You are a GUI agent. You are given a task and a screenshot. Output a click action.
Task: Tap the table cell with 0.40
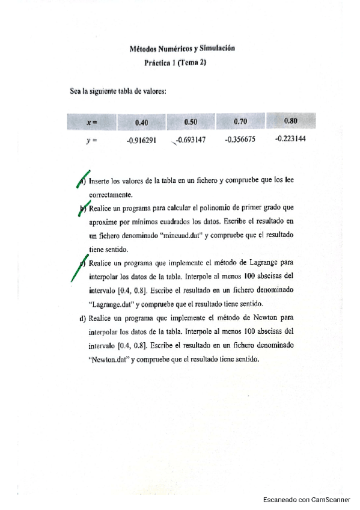pyautogui.click(x=141, y=122)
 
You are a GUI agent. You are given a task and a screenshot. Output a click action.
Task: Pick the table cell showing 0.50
pyautogui.click(x=191, y=122)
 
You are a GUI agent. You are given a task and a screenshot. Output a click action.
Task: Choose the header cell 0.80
pyautogui.click(x=290, y=121)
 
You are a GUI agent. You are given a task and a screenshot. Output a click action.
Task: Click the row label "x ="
pyautogui.click(x=92, y=123)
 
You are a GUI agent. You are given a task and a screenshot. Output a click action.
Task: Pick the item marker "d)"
pyautogui.click(x=84, y=318)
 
